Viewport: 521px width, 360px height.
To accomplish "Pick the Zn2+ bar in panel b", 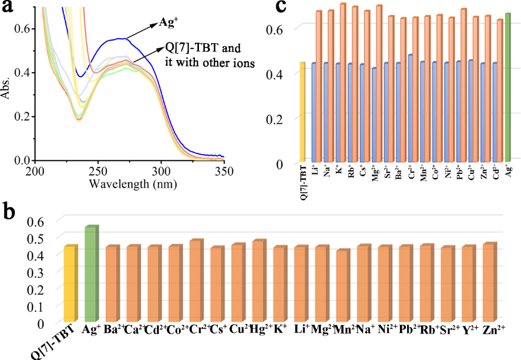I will tap(489, 282).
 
